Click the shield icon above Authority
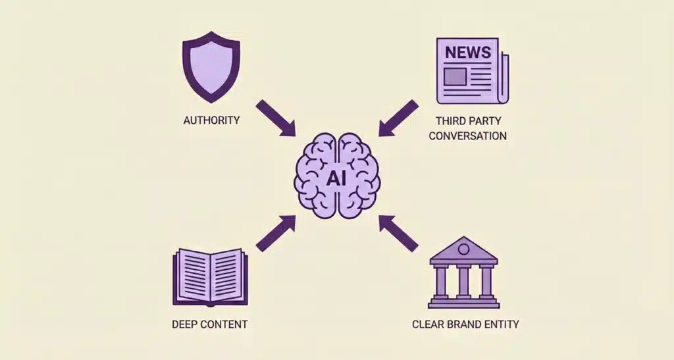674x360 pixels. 211,70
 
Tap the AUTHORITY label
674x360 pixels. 211,121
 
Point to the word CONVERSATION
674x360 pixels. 471,136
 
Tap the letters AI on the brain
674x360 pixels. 337,178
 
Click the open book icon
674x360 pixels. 210,276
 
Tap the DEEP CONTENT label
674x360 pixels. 210,324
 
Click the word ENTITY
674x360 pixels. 498,324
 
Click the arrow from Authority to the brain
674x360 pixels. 275,118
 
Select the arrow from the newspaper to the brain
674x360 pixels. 399,118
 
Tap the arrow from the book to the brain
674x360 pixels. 275,234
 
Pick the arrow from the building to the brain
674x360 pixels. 399,234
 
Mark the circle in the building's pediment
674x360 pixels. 463,249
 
